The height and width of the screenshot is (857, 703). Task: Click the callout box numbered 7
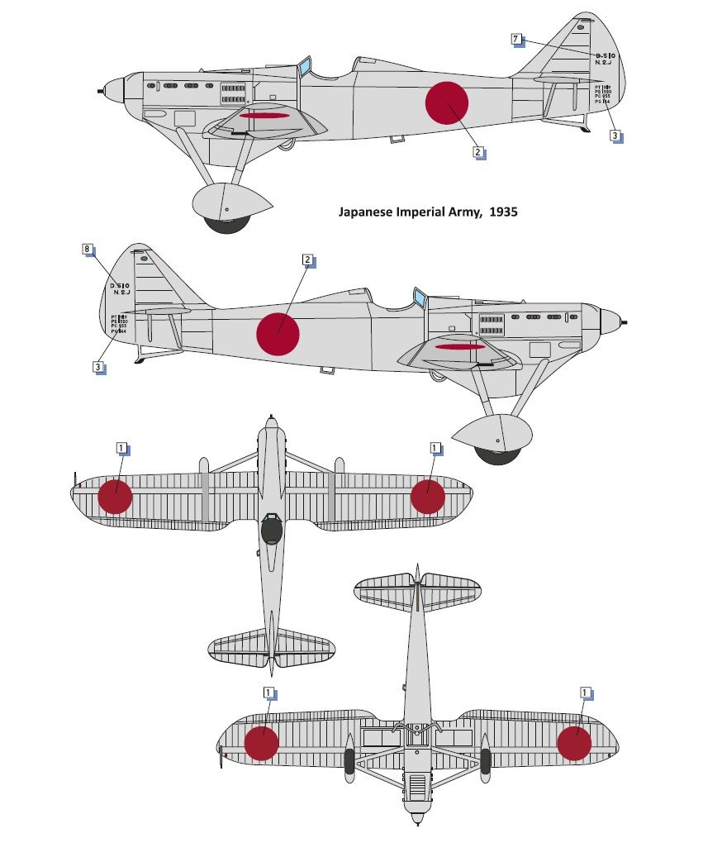(515, 39)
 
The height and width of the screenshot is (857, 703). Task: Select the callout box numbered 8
(88, 249)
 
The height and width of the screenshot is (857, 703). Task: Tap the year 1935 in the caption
(503, 212)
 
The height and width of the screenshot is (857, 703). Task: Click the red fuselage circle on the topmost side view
(447, 103)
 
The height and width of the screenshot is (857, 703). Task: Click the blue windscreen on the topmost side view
(305, 65)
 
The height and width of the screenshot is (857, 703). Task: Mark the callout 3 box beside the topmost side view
(615, 136)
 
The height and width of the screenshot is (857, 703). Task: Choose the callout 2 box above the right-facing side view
(307, 259)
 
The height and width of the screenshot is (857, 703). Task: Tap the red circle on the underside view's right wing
(575, 742)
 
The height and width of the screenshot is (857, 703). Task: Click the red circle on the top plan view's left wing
(115, 497)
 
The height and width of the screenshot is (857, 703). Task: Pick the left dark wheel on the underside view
(349, 763)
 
